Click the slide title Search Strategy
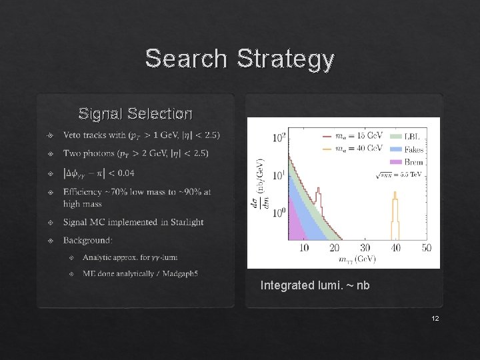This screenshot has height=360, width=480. [x=239, y=59]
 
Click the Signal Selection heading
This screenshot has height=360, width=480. [x=135, y=113]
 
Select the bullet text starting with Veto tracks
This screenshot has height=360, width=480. [x=141, y=135]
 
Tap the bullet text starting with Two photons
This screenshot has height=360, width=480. [x=135, y=153]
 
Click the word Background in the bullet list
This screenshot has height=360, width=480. [x=88, y=239]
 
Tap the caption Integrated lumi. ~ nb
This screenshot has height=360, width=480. [x=315, y=285]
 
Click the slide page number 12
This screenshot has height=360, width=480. [x=435, y=319]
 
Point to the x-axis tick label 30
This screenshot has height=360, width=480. [x=365, y=247]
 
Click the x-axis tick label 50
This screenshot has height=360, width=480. [x=427, y=247]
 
